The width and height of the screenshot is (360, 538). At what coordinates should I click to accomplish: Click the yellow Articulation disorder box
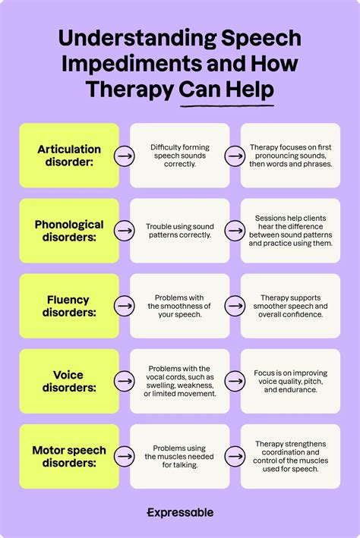tap(68, 156)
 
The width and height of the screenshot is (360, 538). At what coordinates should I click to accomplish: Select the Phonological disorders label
tap(68, 231)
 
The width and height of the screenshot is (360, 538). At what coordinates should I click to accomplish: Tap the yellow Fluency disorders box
tap(68, 306)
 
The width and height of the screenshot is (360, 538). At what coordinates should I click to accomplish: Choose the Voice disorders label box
tap(68, 381)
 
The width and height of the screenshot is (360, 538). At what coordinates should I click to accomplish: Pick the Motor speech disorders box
tap(68, 456)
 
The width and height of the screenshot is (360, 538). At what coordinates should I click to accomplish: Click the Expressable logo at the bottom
tap(180, 513)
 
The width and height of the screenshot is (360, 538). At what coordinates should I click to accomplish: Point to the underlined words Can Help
tap(226, 90)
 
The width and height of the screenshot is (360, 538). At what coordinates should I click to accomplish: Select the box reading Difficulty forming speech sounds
tap(179, 156)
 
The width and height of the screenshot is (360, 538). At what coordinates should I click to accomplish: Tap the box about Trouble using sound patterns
tap(179, 231)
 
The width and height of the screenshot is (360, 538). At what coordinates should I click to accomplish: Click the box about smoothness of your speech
tap(179, 306)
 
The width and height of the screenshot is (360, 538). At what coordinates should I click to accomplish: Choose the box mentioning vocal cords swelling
tap(179, 381)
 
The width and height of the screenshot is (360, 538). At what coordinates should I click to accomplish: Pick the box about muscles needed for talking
tap(179, 456)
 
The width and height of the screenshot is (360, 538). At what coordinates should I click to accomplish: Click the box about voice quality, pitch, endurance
tap(290, 381)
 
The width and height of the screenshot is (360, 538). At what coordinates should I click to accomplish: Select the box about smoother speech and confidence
tap(290, 306)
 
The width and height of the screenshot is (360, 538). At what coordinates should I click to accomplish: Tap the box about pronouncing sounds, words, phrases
tap(290, 156)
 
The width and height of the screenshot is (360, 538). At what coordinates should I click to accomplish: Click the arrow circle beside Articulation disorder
tap(122, 156)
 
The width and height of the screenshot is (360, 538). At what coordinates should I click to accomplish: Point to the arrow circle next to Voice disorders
tap(122, 381)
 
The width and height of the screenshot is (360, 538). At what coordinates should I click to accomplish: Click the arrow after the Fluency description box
tap(233, 306)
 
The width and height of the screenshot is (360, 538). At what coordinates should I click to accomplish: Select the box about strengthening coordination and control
tap(290, 456)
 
